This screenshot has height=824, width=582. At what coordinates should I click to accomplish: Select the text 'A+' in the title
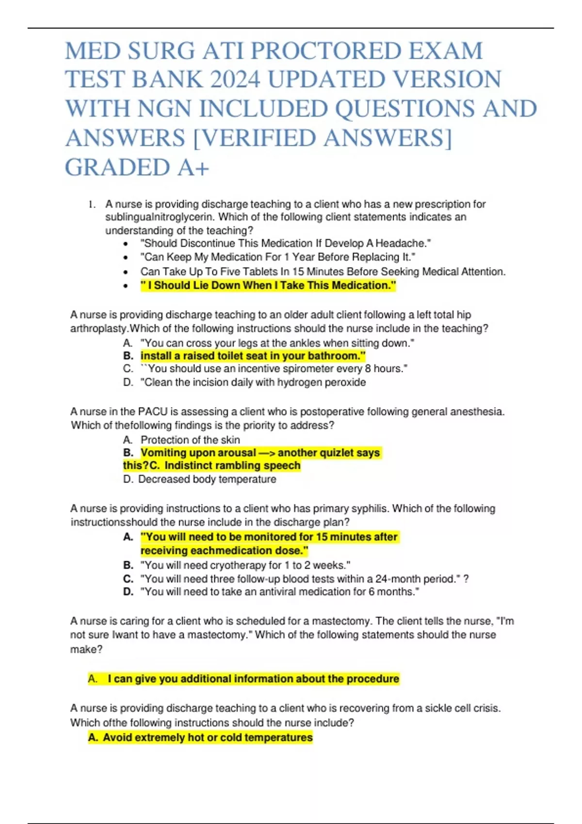pyautogui.click(x=194, y=168)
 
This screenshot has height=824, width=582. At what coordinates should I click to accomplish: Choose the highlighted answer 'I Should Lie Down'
pyautogui.click(x=268, y=285)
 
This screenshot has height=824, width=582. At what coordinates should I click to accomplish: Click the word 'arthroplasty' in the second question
pyautogui.click(x=99, y=329)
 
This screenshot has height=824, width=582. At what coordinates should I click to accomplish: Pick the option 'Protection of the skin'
pyautogui.click(x=190, y=440)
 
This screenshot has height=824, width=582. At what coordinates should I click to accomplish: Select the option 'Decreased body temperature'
pyautogui.click(x=207, y=479)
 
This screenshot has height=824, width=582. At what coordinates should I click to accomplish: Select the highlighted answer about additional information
pyautogui.click(x=253, y=679)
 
